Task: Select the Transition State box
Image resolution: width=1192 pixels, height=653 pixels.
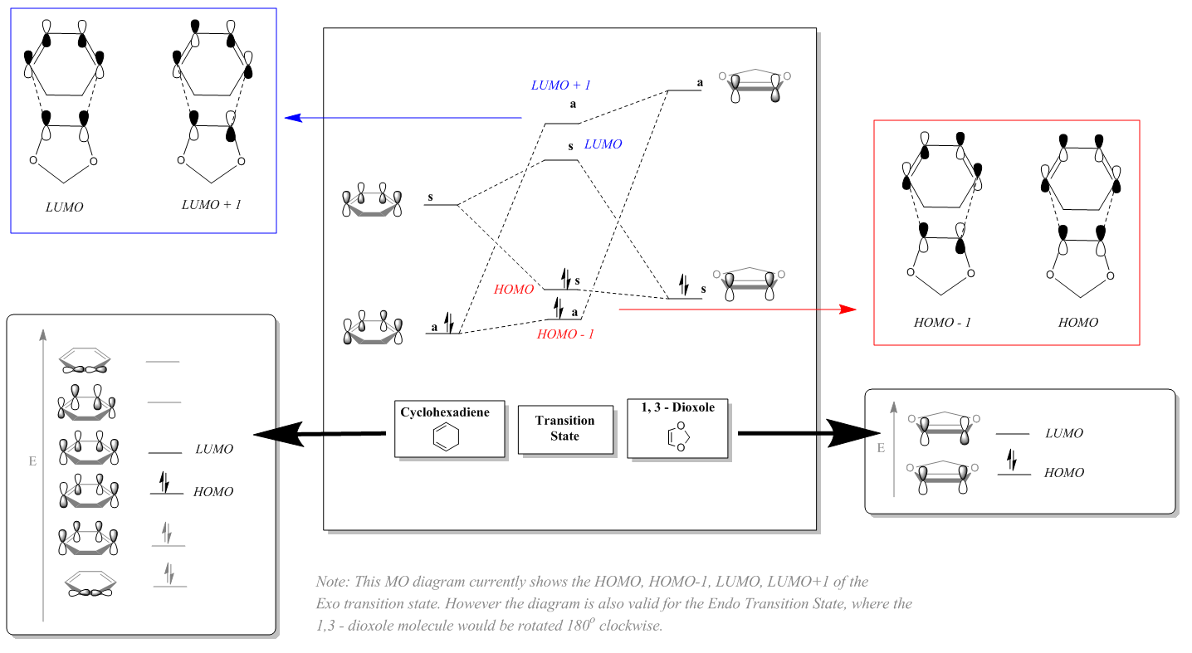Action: coord(564,428)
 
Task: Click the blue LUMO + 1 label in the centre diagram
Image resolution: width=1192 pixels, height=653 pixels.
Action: coord(560,85)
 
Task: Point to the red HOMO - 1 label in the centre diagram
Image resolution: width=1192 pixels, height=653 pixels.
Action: coord(565,334)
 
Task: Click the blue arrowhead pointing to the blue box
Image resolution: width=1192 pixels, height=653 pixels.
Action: coord(291,118)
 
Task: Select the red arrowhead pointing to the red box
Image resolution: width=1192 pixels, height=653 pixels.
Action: coord(848,309)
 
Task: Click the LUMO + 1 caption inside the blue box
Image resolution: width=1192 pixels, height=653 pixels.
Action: coord(211,204)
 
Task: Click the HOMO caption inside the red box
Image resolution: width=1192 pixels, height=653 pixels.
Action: coord(1077,322)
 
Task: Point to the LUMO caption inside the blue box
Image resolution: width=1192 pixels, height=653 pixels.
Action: coord(64,207)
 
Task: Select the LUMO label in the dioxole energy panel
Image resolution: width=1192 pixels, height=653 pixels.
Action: coord(1064,433)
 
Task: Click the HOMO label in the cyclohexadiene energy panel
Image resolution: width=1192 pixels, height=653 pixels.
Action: coord(213,492)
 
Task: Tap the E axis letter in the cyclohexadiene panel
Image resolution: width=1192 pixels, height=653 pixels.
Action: coord(32,461)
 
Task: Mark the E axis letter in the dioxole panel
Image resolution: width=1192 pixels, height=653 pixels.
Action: coord(881,448)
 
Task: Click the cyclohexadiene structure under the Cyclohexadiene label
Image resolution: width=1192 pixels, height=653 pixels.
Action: coord(449,437)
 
